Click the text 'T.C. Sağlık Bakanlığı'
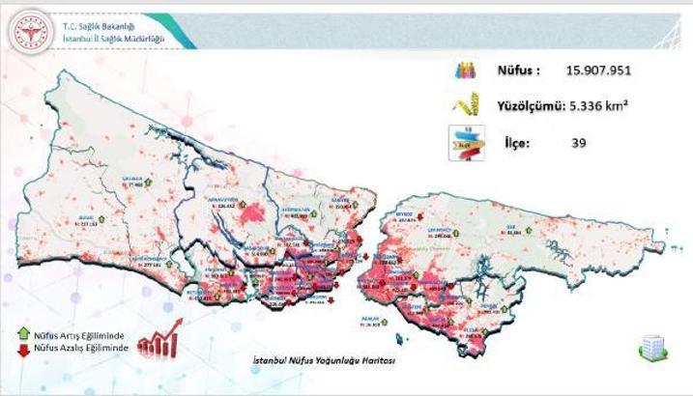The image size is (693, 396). pyautogui.click(x=98, y=24)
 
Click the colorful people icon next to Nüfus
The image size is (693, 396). pyautogui.click(x=465, y=71)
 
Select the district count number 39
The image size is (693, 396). pyautogui.click(x=578, y=143)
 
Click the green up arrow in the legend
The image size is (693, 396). pyautogui.click(x=23, y=333)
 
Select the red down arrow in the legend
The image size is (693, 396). pyautogui.click(x=23, y=346)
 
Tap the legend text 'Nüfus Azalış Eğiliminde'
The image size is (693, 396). pyautogui.click(x=81, y=346)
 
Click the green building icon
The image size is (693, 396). pyautogui.click(x=650, y=349)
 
